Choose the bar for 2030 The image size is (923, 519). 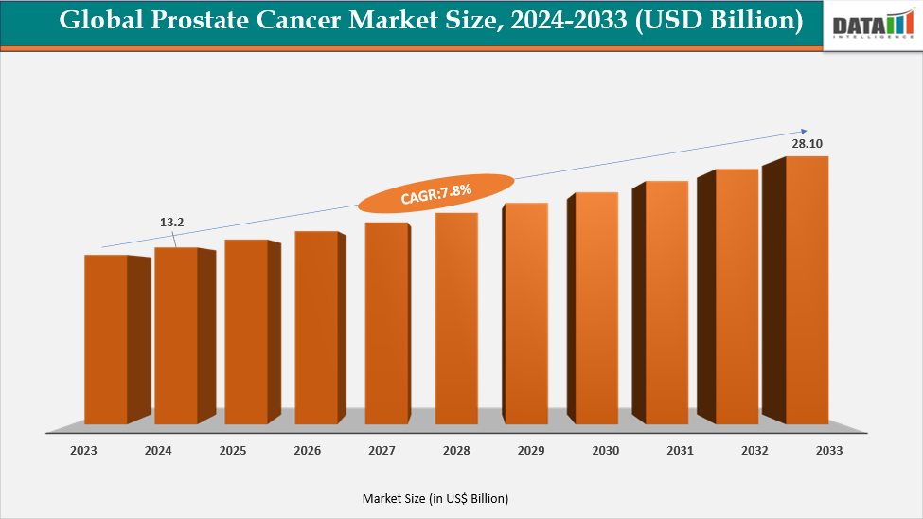click(596, 308)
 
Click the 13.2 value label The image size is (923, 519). click(171, 223)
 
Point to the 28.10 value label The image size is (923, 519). click(807, 144)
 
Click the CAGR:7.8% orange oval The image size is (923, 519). click(436, 193)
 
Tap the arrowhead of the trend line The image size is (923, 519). click(804, 131)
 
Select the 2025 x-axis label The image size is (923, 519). click(232, 451)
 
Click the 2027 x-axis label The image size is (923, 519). click(382, 451)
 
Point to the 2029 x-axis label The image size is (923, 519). click(531, 451)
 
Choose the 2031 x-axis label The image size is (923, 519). click(680, 451)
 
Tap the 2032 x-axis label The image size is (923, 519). click(754, 451)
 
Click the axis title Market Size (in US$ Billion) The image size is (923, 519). click(435, 498)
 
